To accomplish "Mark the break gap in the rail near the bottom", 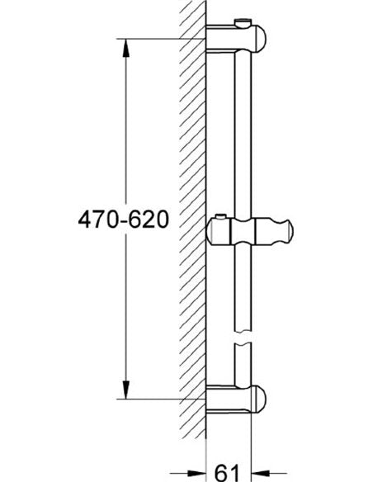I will coord(243,343).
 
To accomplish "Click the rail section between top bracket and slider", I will coord(243,132).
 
